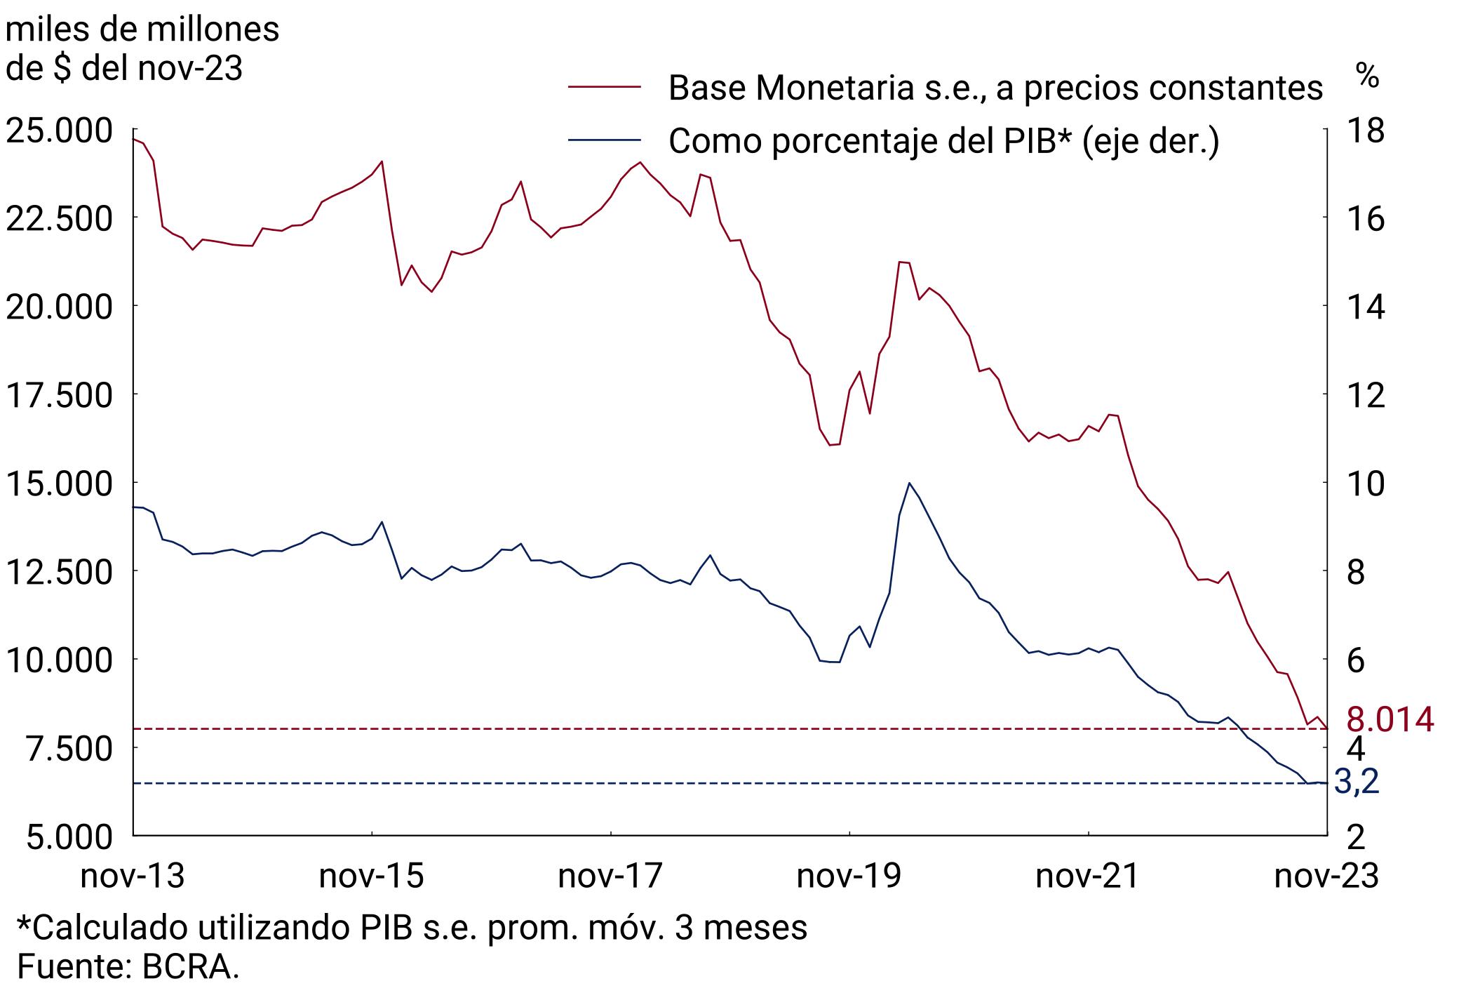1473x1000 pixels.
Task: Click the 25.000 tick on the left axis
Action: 59,131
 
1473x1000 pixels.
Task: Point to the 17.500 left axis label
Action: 59,396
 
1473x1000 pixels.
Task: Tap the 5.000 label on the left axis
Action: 69,837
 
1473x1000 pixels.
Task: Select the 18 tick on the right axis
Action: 1366,131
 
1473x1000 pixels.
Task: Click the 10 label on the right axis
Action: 1366,484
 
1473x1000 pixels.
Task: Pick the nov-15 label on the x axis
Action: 371,876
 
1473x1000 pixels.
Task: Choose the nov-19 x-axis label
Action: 849,876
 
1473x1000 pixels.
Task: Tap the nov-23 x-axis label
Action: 1326,876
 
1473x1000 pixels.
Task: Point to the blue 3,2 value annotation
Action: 1357,782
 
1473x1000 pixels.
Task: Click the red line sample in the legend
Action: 605,87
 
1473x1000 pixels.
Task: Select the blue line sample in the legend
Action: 605,140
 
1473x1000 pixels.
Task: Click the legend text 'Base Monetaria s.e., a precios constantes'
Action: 995,88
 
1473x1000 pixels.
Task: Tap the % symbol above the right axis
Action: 1367,74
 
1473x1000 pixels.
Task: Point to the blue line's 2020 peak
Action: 909,484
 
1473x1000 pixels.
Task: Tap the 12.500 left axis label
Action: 59,573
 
